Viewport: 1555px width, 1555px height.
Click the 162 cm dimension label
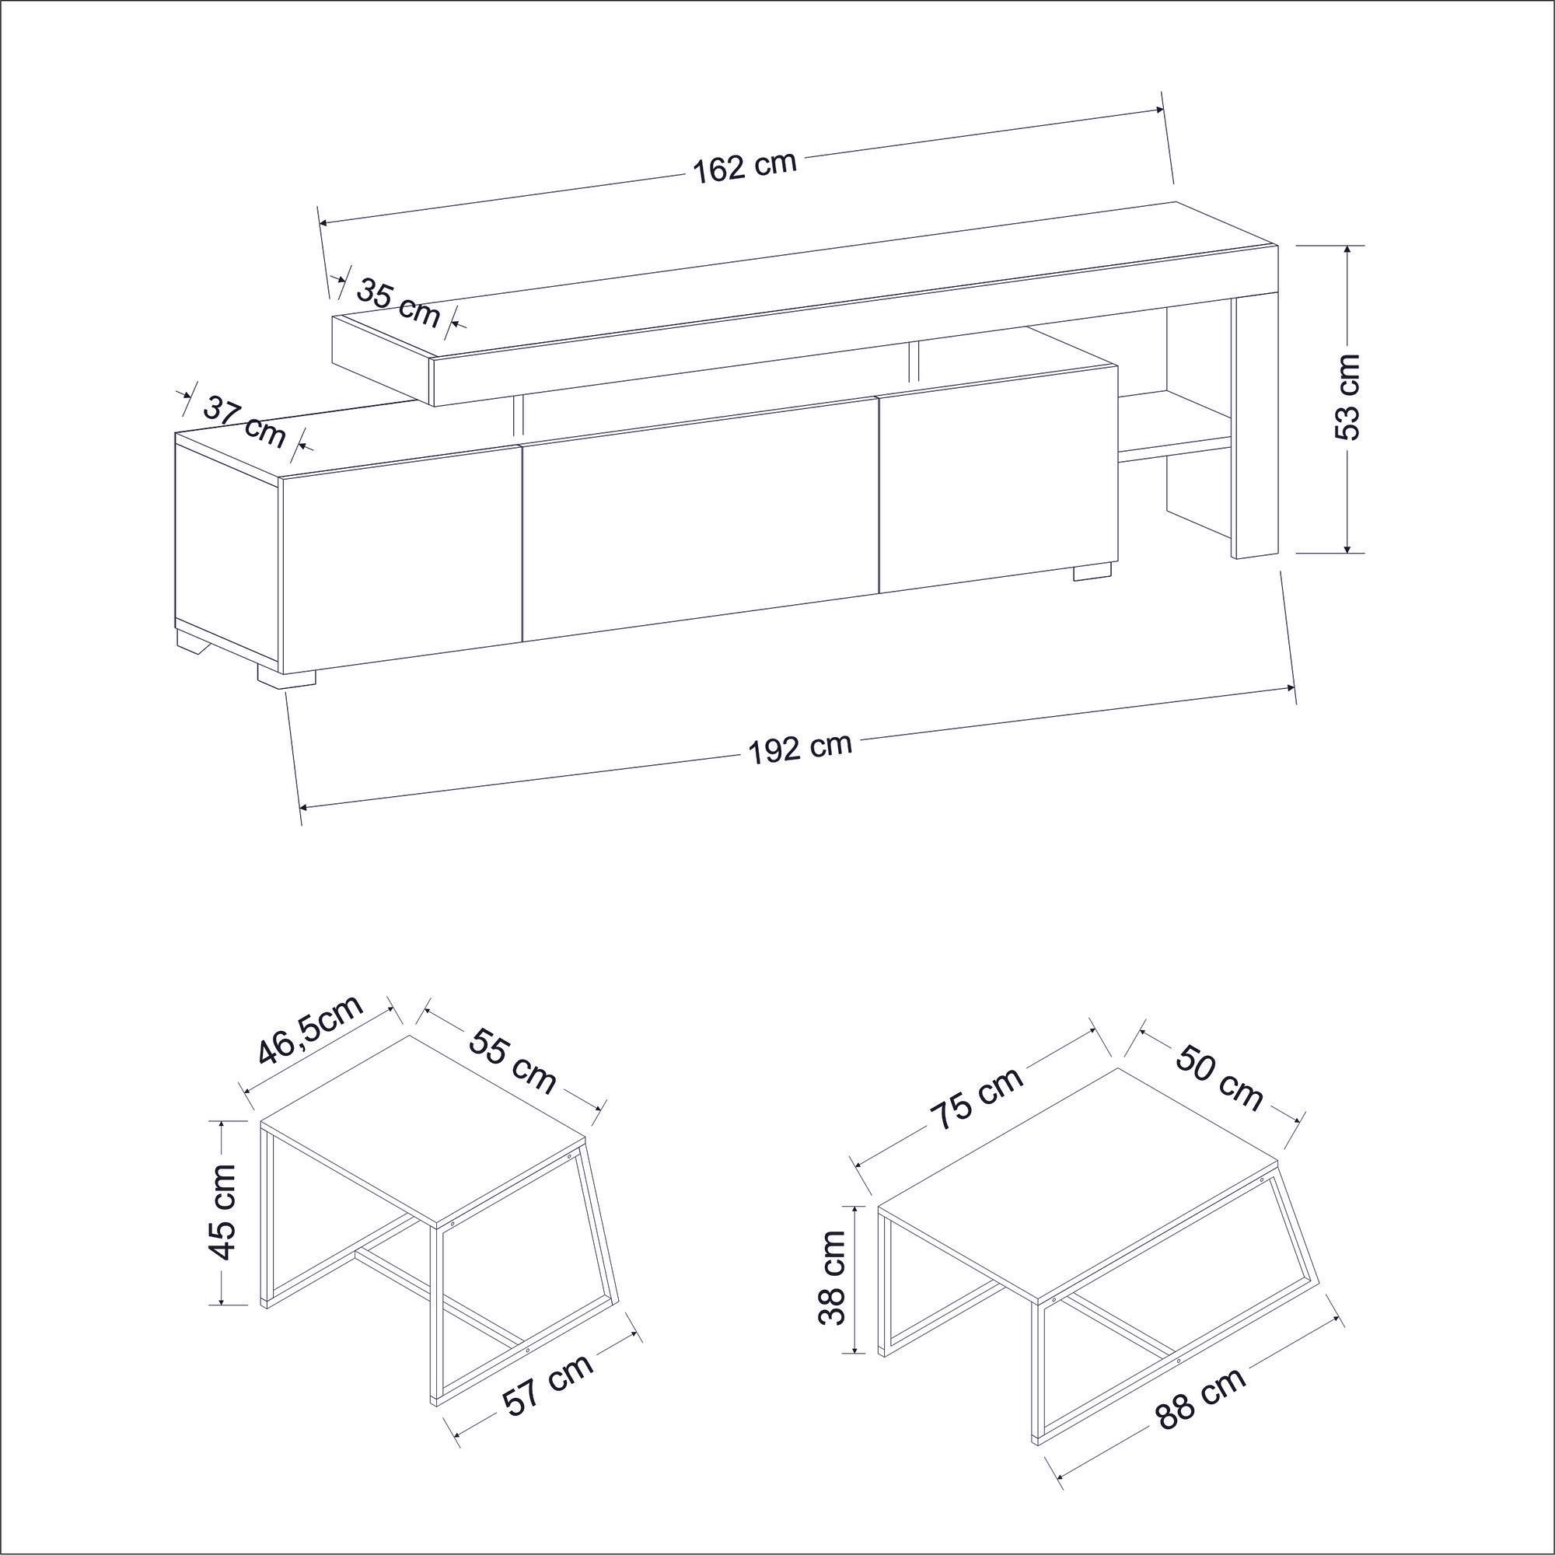click(744, 167)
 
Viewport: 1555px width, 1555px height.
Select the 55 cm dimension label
click(512, 1061)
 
